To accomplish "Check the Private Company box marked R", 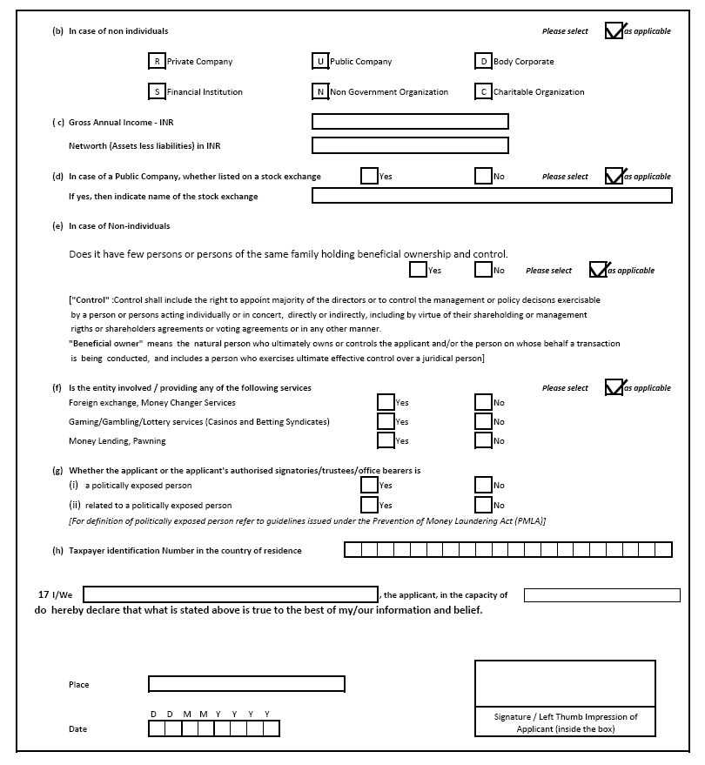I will point(157,62).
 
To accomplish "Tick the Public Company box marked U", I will point(320,62).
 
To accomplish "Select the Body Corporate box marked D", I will point(483,62).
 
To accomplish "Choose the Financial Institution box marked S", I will point(157,91).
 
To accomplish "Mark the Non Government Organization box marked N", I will point(320,91).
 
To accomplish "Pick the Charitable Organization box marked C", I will point(483,91).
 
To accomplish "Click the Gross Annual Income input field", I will point(410,122).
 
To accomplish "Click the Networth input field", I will point(410,145).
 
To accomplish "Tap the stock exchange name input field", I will point(492,196).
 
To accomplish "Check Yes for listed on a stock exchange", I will point(369,176).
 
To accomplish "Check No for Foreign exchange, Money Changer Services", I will point(483,402).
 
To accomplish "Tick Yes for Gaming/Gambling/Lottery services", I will point(386,421).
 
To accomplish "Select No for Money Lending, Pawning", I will point(483,440).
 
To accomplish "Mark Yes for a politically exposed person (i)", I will point(369,485).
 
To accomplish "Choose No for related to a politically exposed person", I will point(483,505).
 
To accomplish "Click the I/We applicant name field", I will point(230,595).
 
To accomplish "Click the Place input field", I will point(246,684).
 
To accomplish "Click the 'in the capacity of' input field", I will point(601,595).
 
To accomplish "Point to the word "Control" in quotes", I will point(91,300).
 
